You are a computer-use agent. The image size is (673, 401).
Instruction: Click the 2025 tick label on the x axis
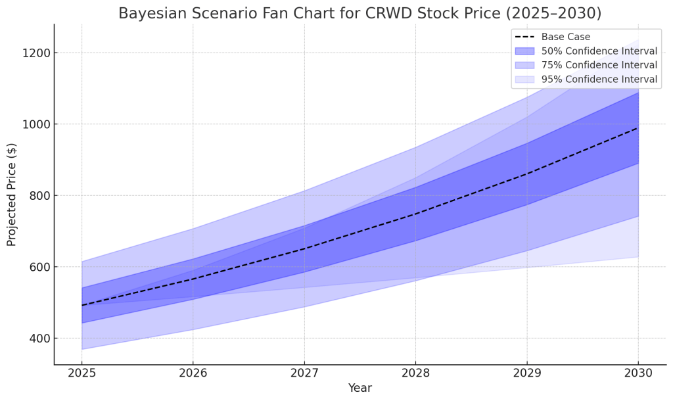pos(81,373)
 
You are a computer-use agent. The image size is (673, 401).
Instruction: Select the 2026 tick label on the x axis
pos(193,373)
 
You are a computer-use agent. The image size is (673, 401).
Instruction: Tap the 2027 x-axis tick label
pos(304,373)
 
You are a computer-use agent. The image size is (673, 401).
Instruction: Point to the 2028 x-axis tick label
pos(415,373)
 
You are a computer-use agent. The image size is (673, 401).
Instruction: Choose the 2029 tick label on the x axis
pos(526,373)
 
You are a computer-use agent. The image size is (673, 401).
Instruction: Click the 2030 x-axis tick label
pos(638,373)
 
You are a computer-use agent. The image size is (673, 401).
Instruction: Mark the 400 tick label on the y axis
pos(37,339)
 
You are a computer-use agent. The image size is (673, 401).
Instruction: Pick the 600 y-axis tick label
pos(37,267)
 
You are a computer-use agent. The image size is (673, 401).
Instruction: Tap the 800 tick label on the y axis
pos(37,196)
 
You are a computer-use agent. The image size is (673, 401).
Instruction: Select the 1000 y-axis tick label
pos(34,124)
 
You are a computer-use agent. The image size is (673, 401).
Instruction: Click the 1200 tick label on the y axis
pos(34,53)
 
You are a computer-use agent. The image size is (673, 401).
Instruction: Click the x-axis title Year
pos(360,388)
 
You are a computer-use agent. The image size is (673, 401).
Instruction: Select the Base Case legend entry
pos(565,37)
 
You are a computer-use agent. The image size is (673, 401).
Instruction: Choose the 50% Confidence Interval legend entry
pos(599,51)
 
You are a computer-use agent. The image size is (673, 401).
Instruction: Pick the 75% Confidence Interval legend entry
pos(599,65)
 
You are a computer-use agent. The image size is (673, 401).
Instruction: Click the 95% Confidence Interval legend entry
pos(599,80)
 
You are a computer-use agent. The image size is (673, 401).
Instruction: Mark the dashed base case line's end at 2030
pos(638,128)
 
